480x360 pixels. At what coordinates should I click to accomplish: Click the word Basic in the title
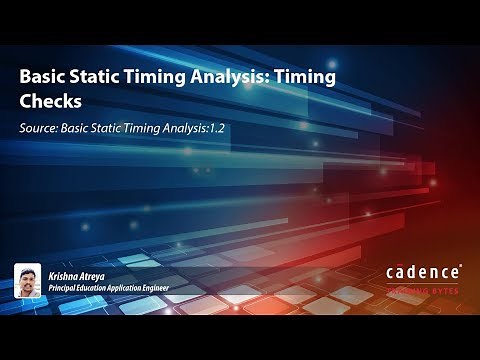click(45, 78)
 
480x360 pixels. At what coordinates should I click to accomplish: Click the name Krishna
click(65, 273)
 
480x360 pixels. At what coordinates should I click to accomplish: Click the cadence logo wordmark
click(423, 271)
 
